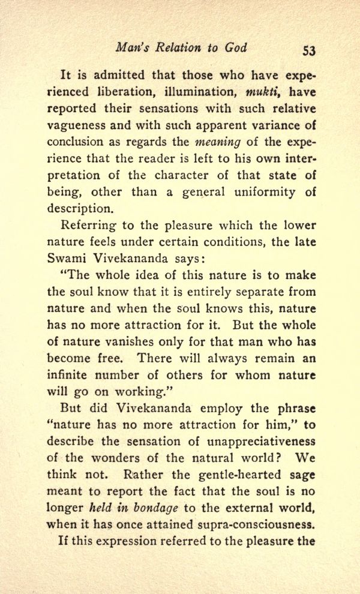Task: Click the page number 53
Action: (309, 50)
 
